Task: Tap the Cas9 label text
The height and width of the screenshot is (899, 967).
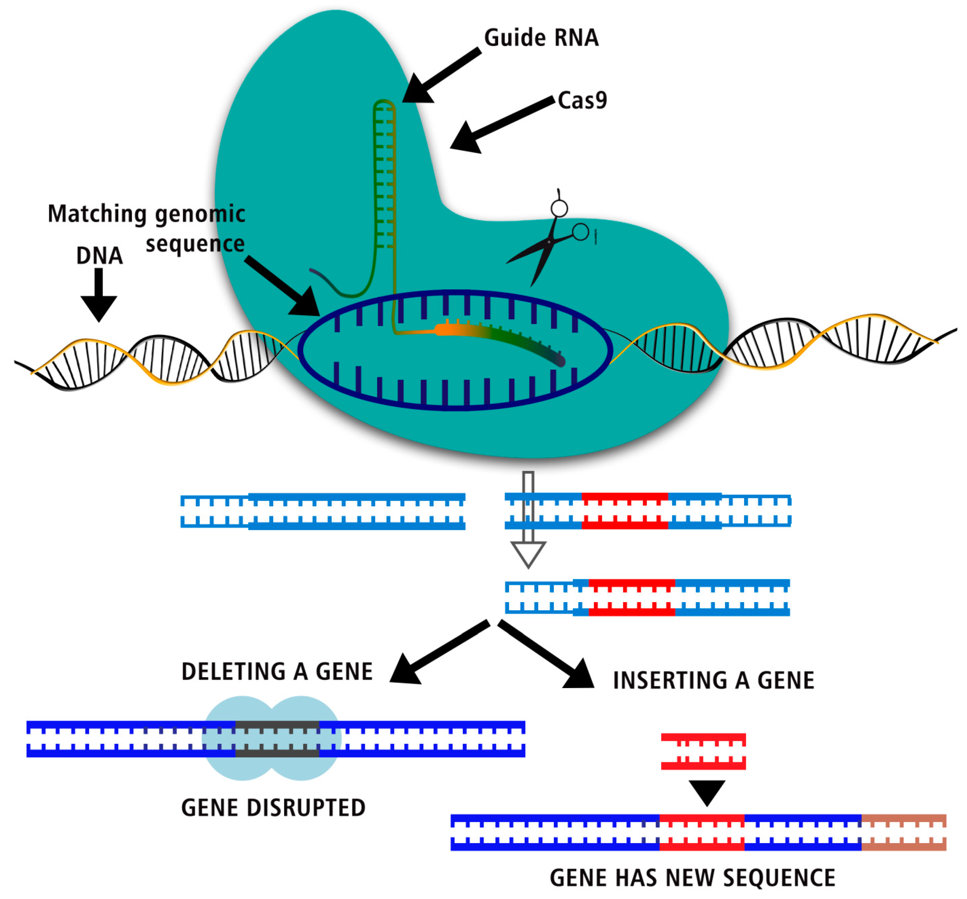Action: (x=582, y=101)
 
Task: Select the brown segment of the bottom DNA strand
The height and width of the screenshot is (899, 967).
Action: (x=903, y=832)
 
